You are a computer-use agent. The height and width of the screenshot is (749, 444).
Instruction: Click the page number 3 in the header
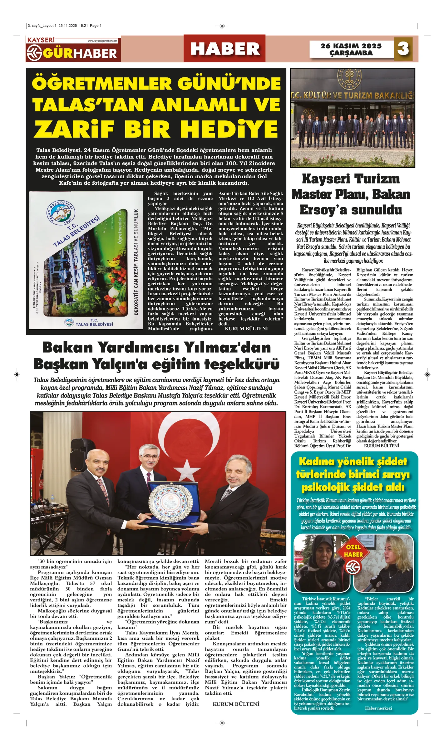coord(403,48)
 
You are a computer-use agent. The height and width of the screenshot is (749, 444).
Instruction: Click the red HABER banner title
coord(225,49)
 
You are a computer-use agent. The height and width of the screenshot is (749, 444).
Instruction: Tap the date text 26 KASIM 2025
coord(351,46)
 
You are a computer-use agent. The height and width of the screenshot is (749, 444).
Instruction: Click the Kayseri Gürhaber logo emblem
coord(34,53)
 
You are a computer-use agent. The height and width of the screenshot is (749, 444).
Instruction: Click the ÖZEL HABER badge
coord(353,551)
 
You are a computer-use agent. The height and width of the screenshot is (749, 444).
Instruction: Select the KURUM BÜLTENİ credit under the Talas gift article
coord(246,329)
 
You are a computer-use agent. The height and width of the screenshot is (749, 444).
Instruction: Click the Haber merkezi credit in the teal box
coord(378,708)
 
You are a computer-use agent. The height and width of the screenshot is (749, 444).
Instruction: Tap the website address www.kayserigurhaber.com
coord(102,41)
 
